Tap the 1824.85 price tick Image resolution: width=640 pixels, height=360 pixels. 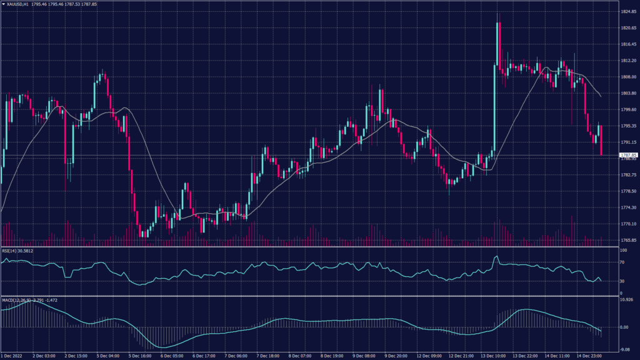coord(627,12)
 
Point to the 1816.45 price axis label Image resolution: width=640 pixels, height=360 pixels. coord(627,44)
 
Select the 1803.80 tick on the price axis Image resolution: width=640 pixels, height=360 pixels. coord(627,93)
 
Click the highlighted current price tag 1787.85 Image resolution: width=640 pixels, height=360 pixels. coord(627,155)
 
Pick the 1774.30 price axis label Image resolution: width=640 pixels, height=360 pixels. coord(627,207)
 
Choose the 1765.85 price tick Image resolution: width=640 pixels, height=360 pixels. coord(627,240)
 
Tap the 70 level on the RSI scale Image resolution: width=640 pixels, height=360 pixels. coord(622,264)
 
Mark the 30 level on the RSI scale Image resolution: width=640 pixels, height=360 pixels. coord(622,281)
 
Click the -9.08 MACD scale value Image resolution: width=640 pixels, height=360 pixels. coord(624,349)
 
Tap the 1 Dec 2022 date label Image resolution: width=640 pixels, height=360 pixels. coord(14,356)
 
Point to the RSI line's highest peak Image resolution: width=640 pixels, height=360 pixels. coord(496,256)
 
